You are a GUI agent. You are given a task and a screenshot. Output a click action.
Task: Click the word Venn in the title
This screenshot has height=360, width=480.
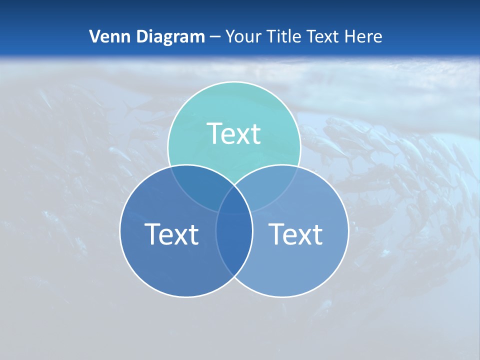pos(105,36)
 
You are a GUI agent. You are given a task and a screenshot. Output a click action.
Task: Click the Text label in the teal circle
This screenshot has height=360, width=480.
pos(234,134)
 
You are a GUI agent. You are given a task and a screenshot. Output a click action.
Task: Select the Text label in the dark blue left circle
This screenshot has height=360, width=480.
pos(171,234)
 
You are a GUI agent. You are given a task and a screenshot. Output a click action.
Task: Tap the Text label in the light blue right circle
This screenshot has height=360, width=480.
pos(296,234)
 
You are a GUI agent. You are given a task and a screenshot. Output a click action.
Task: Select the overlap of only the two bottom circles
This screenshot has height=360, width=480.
pos(234,245)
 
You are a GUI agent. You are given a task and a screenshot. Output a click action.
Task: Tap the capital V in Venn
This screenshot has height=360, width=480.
pos(94,36)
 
